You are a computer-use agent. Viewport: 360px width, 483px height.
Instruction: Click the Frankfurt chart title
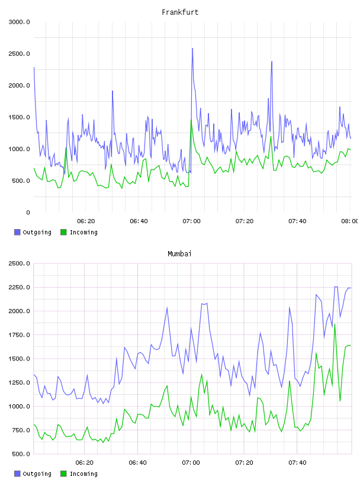pyautogui.click(x=180, y=12)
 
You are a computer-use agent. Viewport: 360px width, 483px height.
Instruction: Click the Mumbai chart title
pyautogui.click(x=179, y=254)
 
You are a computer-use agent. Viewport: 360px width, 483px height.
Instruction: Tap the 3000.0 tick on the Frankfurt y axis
pyautogui.click(x=19, y=22)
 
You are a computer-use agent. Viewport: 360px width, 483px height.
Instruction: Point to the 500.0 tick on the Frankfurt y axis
pyautogui.click(x=21, y=181)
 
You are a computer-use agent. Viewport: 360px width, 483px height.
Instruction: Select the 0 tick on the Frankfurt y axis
pyautogui.click(x=28, y=212)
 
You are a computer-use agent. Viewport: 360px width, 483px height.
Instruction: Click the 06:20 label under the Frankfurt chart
pyautogui.click(x=86, y=221)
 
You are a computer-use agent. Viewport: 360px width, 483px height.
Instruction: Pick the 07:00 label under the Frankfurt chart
pyautogui.click(x=191, y=221)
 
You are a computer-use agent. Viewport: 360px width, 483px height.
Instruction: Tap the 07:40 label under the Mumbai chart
pyautogui.click(x=297, y=463)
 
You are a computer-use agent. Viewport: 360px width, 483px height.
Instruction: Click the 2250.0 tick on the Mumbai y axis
pyautogui.click(x=19, y=288)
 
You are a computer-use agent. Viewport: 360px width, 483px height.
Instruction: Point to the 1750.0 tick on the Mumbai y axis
pyautogui.click(x=19, y=335)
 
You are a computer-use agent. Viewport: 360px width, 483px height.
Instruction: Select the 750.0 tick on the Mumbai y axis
pyautogui.click(x=21, y=430)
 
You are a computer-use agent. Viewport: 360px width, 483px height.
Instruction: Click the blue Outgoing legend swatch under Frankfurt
pyautogui.click(x=17, y=232)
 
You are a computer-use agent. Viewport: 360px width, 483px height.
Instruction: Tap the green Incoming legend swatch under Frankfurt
pyautogui.click(x=63, y=232)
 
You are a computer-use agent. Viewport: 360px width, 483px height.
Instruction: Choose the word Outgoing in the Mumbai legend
pyautogui.click(x=37, y=474)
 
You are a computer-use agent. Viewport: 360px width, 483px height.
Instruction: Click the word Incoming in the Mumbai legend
pyautogui.click(x=83, y=474)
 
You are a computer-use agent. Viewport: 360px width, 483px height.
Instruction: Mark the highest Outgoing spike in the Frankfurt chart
pyautogui.click(x=192, y=49)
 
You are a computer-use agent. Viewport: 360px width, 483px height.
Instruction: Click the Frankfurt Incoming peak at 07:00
pyautogui.click(x=191, y=120)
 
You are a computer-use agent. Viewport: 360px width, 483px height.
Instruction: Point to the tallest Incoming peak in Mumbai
pyautogui.click(x=335, y=324)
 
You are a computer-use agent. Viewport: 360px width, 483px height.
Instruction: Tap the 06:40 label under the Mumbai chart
pyautogui.click(x=138, y=463)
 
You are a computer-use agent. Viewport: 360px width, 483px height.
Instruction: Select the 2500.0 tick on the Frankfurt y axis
pyautogui.click(x=19, y=54)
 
